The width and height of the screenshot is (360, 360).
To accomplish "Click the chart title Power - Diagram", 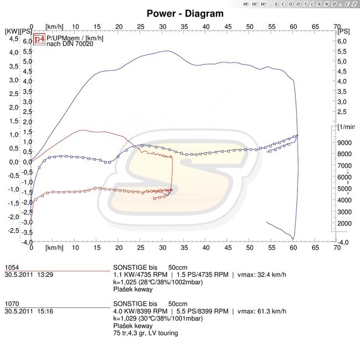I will [185, 13].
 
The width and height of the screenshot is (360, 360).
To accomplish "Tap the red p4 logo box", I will [39, 39].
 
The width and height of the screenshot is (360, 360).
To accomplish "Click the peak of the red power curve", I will [83, 130].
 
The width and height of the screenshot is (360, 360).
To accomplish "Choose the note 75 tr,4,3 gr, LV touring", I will [145, 333].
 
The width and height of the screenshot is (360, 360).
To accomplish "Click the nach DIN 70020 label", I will [70, 44].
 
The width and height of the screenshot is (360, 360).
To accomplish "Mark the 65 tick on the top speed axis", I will [315, 26].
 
